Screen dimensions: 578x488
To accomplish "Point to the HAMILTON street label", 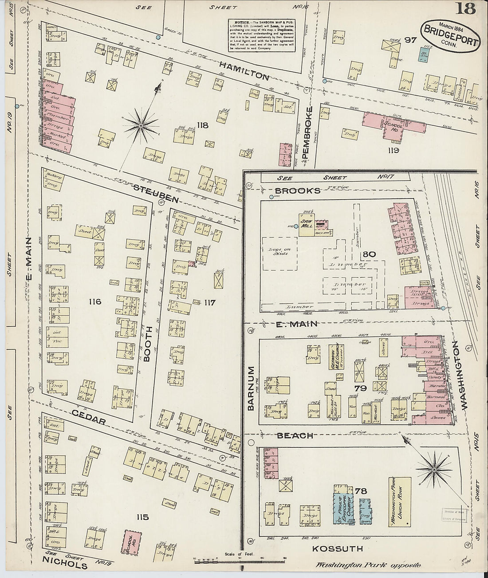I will coord(244,71).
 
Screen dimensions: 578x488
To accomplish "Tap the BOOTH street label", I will coord(149,344).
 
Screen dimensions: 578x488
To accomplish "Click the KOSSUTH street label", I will coord(338,549).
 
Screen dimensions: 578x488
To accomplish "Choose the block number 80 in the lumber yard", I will coord(369,254).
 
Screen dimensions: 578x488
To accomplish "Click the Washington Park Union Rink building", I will coord(399,501).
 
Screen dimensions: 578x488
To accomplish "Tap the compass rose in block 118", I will coord(141,126).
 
